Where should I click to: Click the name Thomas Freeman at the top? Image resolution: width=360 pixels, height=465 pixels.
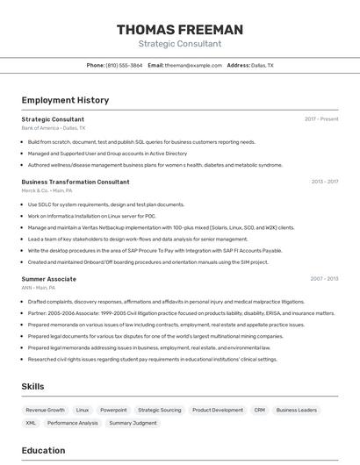(x=179, y=30)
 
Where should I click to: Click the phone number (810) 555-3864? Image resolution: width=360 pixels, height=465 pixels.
(x=124, y=65)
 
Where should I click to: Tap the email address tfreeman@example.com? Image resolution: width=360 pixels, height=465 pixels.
(x=193, y=65)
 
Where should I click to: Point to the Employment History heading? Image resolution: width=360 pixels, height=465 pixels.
(x=65, y=100)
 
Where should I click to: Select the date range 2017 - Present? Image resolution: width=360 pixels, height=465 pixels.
(x=321, y=118)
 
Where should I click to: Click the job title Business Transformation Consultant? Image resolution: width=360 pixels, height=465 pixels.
(x=76, y=182)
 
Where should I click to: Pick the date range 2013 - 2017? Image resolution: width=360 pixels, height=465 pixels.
(x=324, y=182)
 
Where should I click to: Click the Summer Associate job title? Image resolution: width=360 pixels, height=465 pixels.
(x=49, y=279)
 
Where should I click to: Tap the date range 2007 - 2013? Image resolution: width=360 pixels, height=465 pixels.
(x=324, y=279)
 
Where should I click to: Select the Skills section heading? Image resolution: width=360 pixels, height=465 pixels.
(x=33, y=386)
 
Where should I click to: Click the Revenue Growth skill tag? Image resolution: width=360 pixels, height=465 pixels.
(x=45, y=410)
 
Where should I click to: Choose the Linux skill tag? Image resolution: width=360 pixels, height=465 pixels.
(x=83, y=410)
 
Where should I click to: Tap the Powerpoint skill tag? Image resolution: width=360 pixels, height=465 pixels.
(x=113, y=410)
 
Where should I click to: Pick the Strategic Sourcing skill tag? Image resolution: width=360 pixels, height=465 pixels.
(x=160, y=410)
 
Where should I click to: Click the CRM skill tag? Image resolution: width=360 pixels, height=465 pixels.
(x=259, y=410)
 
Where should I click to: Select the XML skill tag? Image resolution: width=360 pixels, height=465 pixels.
(x=31, y=423)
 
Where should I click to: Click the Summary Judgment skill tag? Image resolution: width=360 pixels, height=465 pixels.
(x=133, y=423)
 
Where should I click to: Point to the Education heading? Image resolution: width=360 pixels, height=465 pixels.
(x=43, y=451)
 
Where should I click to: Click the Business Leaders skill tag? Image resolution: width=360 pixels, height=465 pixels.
(x=296, y=410)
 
